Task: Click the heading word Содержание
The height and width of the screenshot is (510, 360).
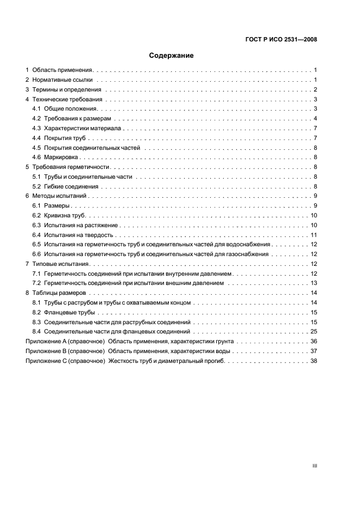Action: pyautogui.click(x=171, y=55)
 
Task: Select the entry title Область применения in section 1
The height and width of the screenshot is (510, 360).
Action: pyautogui.click(x=63, y=70)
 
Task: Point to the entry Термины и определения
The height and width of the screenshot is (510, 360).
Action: pyautogui.click(x=67, y=90)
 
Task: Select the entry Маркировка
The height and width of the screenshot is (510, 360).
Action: pyautogui.click(x=63, y=157)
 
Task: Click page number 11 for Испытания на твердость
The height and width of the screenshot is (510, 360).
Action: pyautogui.click(x=314, y=235)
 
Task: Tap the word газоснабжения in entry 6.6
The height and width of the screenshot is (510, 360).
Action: pyautogui.click(x=249, y=254)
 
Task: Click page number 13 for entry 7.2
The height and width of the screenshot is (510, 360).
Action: pyautogui.click(x=314, y=283)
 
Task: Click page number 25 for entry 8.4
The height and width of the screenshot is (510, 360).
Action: pyautogui.click(x=314, y=332)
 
